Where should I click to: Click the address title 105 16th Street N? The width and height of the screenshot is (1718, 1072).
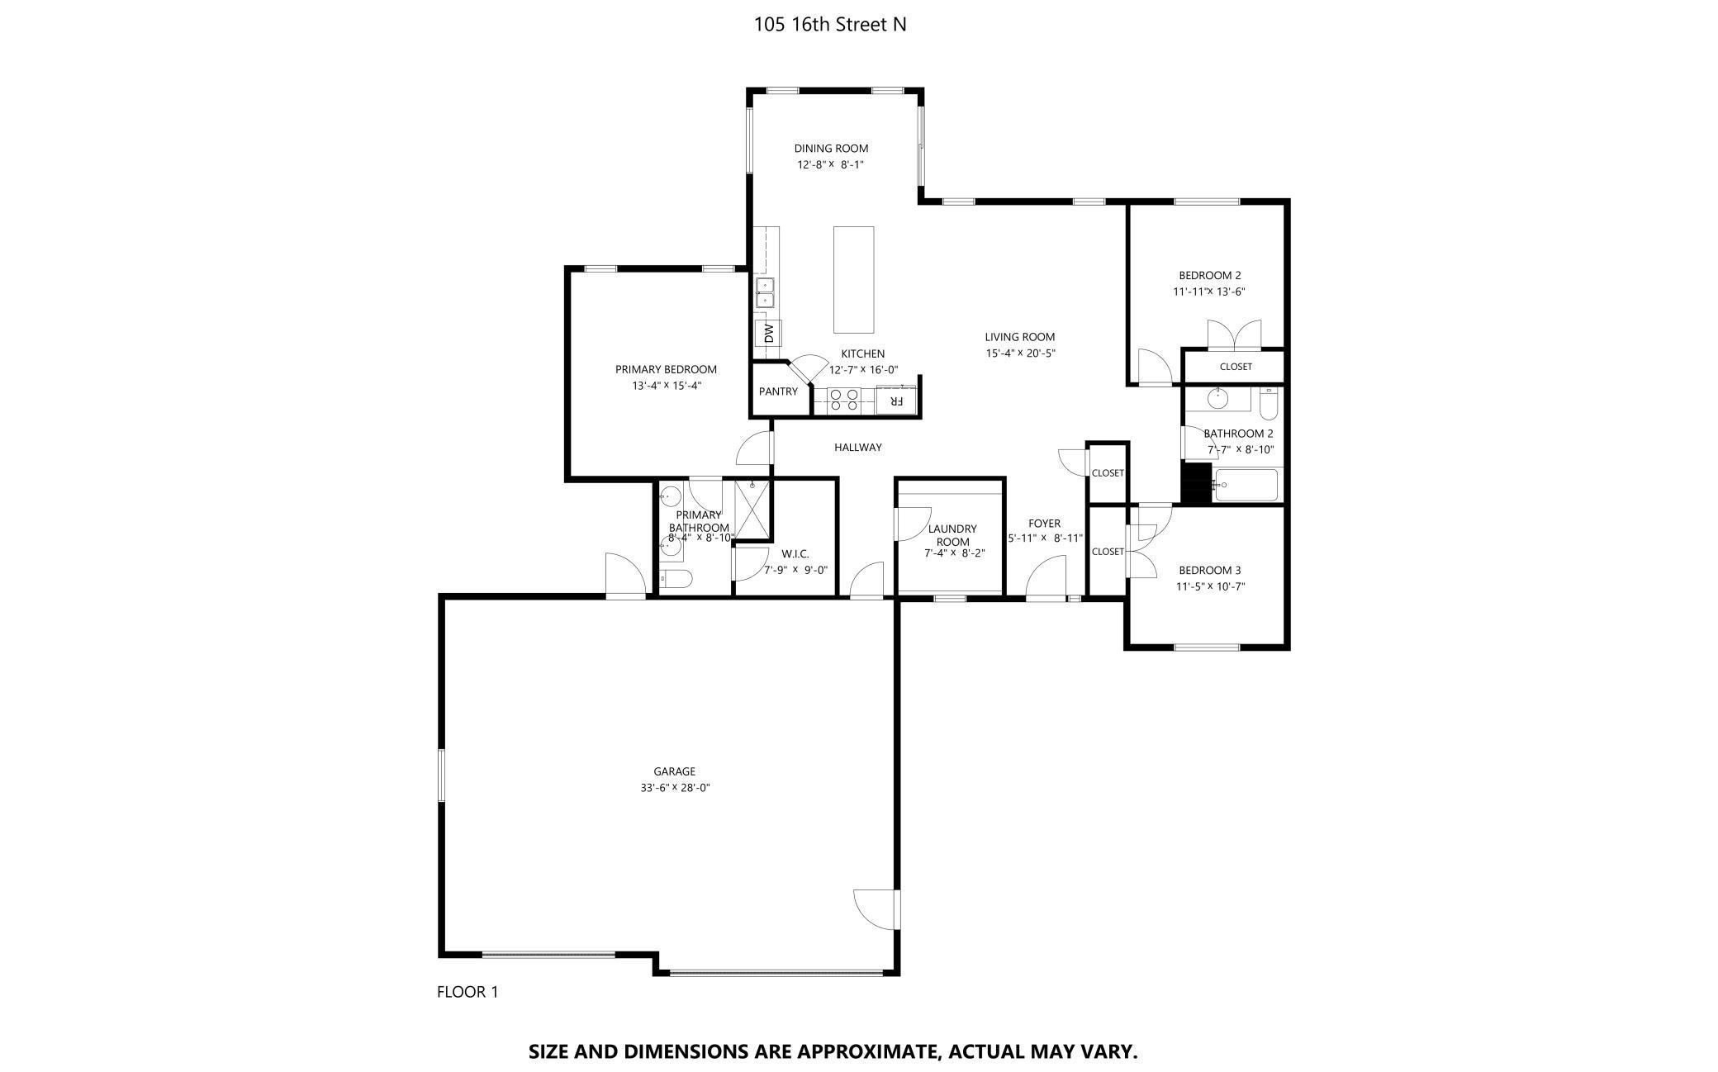pos(830,25)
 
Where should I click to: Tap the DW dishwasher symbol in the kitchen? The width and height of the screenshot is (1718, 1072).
pos(768,334)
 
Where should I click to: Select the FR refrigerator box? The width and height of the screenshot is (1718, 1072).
pos(895,401)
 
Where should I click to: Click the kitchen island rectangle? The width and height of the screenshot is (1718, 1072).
pos(853,279)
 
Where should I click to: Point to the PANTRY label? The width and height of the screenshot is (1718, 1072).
pos(778,391)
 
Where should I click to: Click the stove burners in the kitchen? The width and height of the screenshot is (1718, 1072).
pos(844,400)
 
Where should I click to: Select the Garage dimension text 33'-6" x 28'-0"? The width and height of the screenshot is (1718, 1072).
pos(675,788)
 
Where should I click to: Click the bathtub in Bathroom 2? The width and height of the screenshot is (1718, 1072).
pos(1246,485)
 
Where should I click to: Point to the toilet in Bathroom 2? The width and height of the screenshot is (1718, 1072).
pos(1269,402)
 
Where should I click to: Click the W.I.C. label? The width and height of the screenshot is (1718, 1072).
pos(795,554)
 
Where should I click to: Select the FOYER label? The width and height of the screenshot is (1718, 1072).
pos(1044,524)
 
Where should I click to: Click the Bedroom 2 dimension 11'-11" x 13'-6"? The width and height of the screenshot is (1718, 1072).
pos(1208,292)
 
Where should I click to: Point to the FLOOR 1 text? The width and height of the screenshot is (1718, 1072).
pos(467,992)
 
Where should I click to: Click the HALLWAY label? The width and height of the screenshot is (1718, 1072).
pos(857,448)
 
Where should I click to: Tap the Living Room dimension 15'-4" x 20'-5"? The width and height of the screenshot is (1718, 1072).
pos(1020,353)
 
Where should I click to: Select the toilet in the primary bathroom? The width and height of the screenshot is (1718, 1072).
pos(676,579)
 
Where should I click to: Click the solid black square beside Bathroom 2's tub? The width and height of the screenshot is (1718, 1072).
pos(1196,484)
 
